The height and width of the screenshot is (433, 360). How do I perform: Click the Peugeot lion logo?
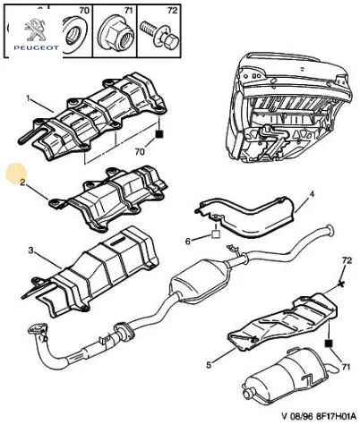[x=35, y=30]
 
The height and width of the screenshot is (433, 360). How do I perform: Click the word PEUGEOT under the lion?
[x=36, y=47]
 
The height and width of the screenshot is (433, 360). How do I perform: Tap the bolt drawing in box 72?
[x=159, y=36]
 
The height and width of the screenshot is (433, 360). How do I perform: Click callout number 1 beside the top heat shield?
[x=28, y=98]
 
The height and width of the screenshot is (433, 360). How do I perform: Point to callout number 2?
[x=22, y=183]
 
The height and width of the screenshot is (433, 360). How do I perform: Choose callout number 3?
[x=30, y=250]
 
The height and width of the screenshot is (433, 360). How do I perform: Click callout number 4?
[x=312, y=194]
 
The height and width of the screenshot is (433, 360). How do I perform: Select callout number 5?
[x=209, y=365]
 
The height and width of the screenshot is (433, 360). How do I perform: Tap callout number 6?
[x=188, y=241]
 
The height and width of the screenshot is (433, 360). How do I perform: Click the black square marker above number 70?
[x=159, y=134]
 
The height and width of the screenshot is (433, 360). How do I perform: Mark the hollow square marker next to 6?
[x=216, y=234]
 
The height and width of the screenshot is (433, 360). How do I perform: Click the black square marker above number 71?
[x=329, y=344]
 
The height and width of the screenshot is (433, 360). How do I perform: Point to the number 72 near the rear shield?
[x=347, y=260]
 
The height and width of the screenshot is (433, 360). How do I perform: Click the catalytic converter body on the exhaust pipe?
[x=200, y=282]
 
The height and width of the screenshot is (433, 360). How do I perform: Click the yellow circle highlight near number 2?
[x=16, y=174]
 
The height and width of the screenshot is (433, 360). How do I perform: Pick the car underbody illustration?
[x=288, y=107]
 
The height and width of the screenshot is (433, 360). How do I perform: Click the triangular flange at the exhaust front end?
[x=38, y=330]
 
